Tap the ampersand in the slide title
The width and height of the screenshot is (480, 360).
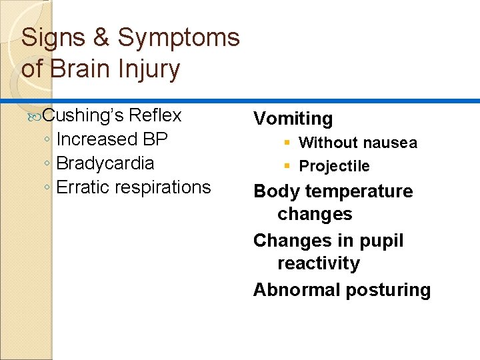coord(101,38)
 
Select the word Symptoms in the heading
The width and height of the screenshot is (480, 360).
coord(179,38)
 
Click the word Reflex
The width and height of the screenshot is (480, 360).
coord(155,115)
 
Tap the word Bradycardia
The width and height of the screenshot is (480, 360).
coord(105,163)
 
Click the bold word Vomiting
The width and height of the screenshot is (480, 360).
coord(293,119)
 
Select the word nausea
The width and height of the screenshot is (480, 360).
coord(389,143)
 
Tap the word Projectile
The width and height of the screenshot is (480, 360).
coord(334,166)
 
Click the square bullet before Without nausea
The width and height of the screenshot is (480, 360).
coord(287,143)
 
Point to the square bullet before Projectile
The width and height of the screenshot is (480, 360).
coord(287,166)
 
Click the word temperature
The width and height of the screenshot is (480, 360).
coord(359,191)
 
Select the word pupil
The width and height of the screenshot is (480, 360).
coord(381,241)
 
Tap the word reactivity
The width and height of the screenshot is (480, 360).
coord(318,263)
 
